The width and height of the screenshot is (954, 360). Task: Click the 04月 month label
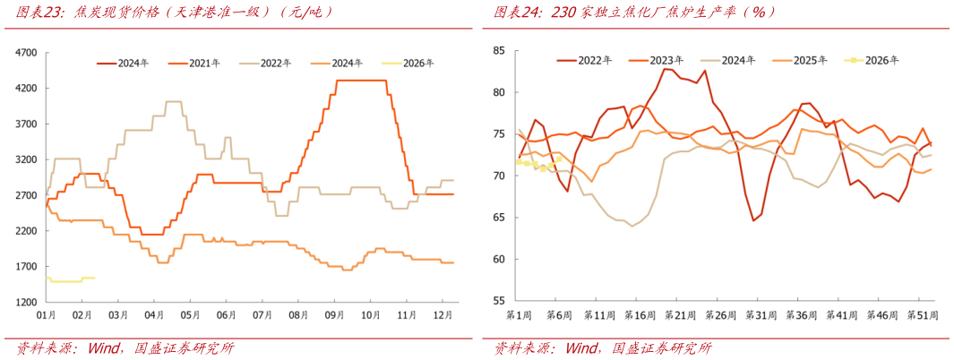[x=155, y=315]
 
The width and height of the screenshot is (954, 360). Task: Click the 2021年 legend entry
[x=205, y=63]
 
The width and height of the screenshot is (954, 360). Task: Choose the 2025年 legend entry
[x=811, y=60]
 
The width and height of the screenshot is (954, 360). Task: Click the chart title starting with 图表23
[x=170, y=13]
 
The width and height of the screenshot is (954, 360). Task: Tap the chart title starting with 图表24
[x=636, y=13]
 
